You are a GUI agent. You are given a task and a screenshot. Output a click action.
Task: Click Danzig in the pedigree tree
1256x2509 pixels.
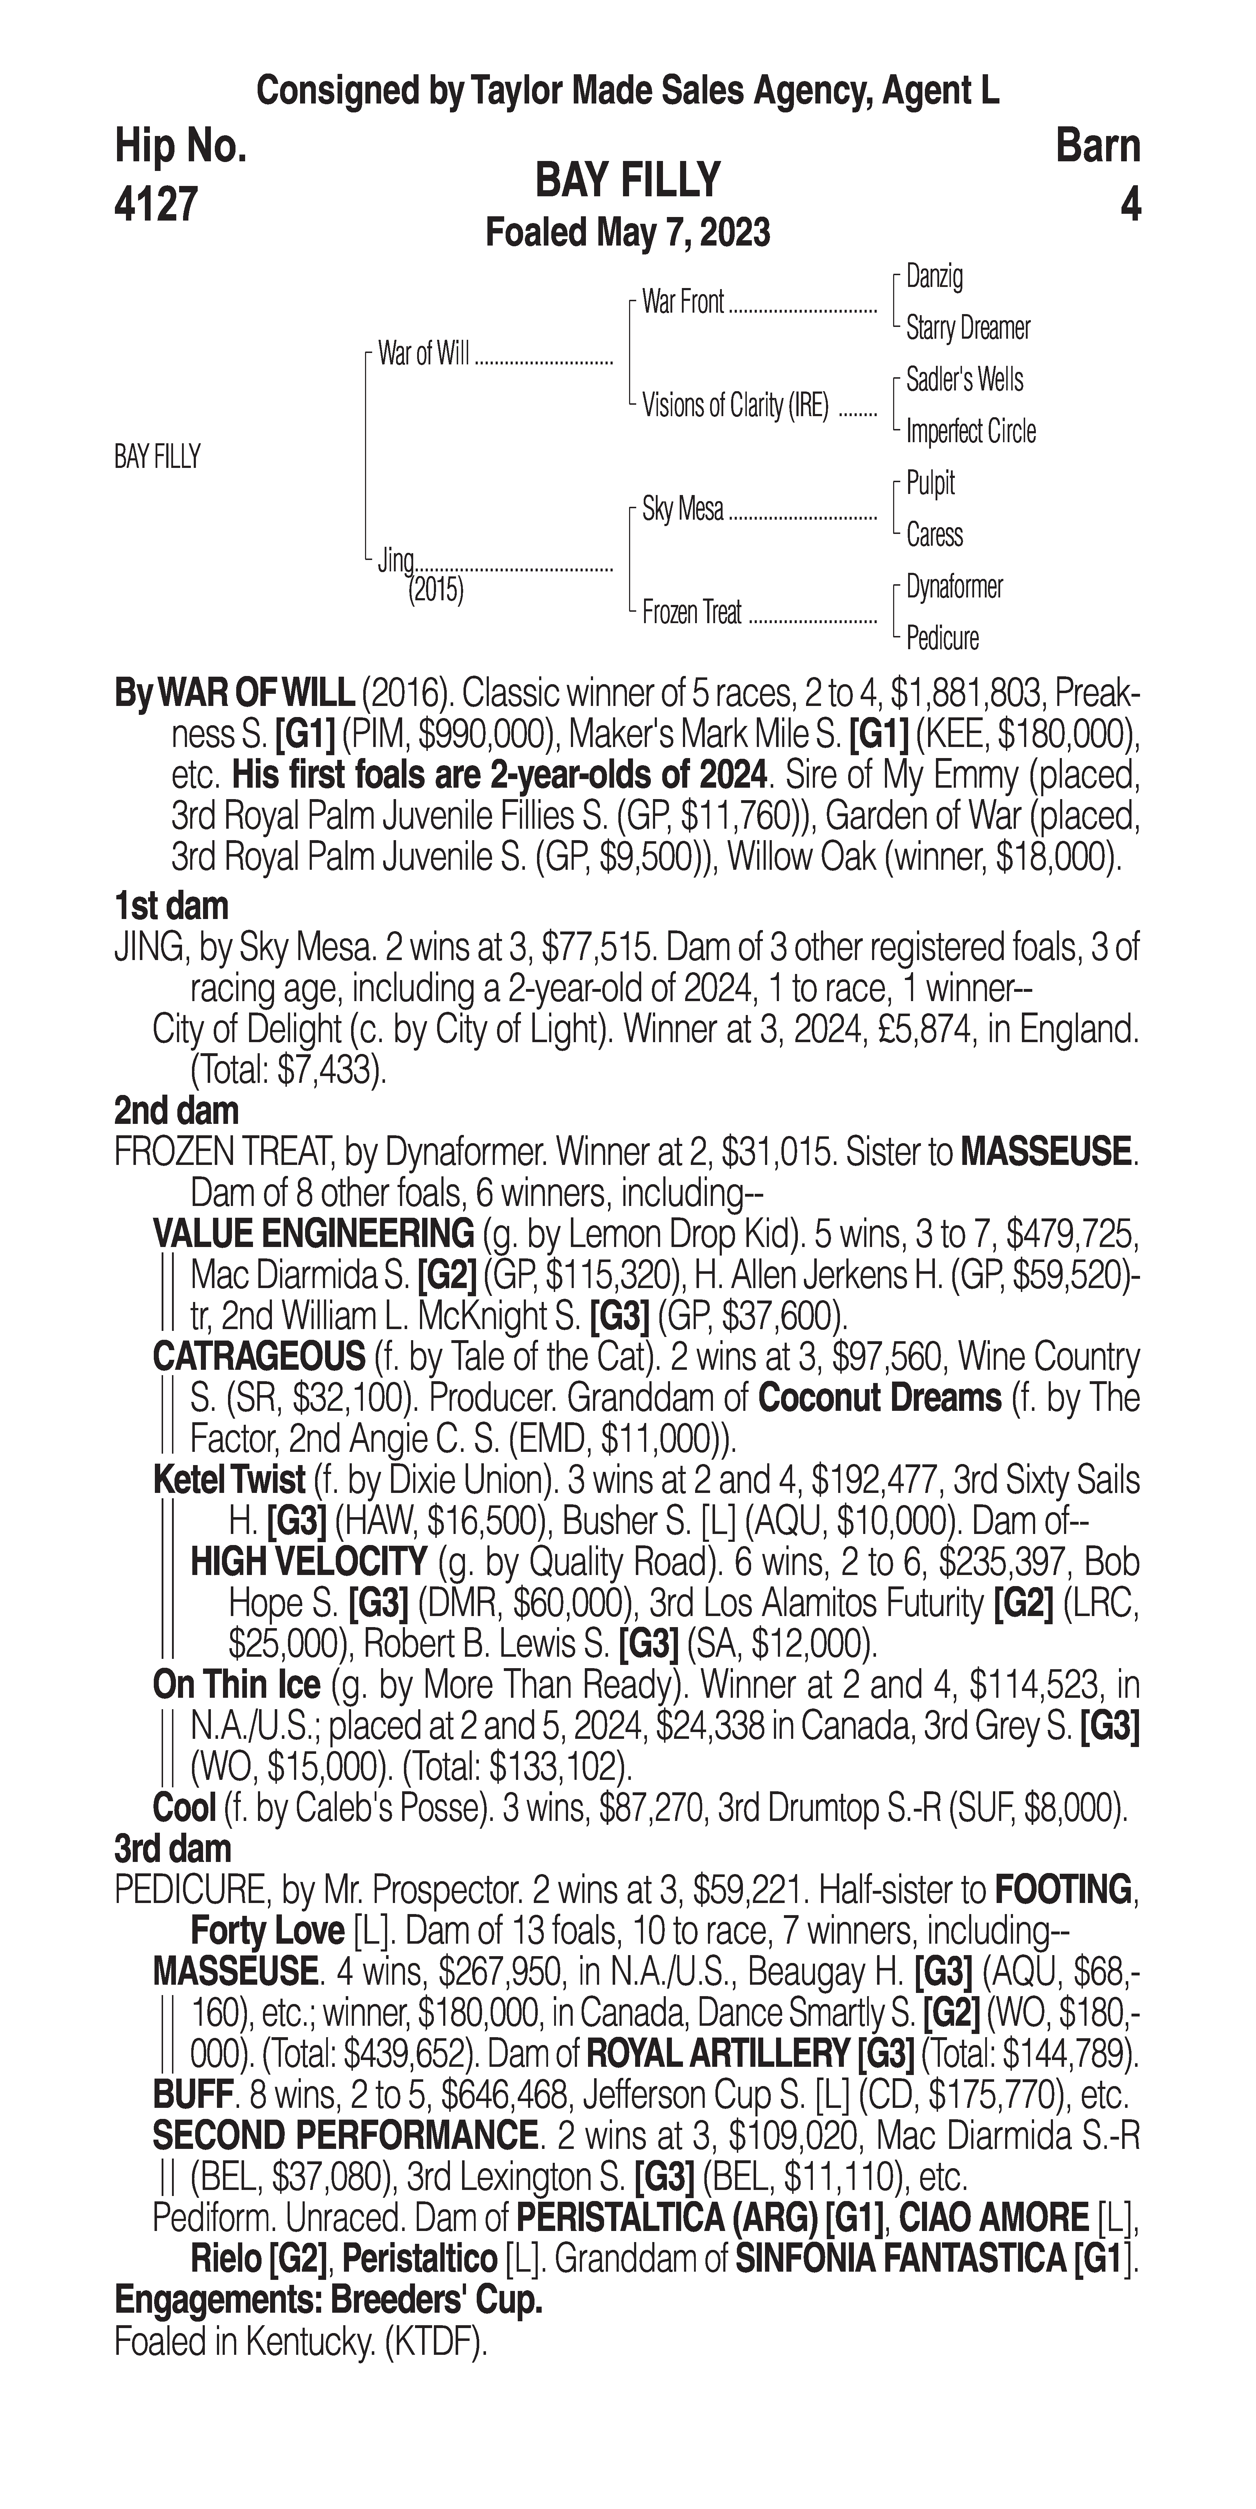(x=935, y=277)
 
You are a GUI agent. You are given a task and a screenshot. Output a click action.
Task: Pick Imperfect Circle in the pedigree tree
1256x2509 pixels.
(x=971, y=431)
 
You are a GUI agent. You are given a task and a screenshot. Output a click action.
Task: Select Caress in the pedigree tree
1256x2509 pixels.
(x=935, y=535)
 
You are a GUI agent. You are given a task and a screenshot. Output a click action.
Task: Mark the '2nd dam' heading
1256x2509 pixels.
(x=176, y=1110)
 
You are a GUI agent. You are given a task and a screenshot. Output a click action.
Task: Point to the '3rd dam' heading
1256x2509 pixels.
(x=173, y=1849)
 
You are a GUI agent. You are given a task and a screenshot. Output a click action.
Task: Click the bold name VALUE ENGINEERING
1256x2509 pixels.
(x=314, y=1234)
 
